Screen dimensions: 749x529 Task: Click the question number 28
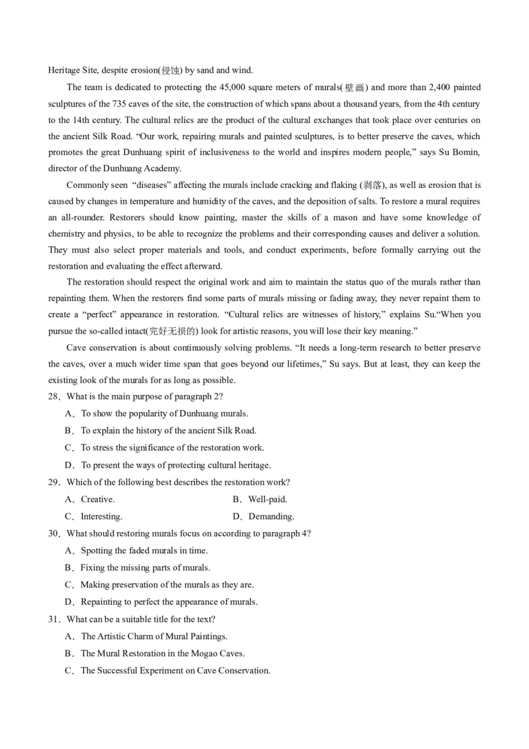pos(54,396)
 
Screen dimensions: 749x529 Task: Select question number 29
pos(54,482)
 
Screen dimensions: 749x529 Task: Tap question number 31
pos(54,619)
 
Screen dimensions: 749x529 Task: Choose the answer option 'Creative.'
pos(97,500)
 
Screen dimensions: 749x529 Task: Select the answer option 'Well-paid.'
pos(267,500)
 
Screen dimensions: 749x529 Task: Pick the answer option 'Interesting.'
pos(101,517)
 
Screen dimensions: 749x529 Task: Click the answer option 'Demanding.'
pos(271,517)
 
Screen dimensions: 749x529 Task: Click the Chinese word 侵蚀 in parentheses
pos(171,71)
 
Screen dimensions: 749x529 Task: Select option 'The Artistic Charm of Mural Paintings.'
pos(154,637)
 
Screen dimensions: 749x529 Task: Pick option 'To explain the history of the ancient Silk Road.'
pos(169,431)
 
